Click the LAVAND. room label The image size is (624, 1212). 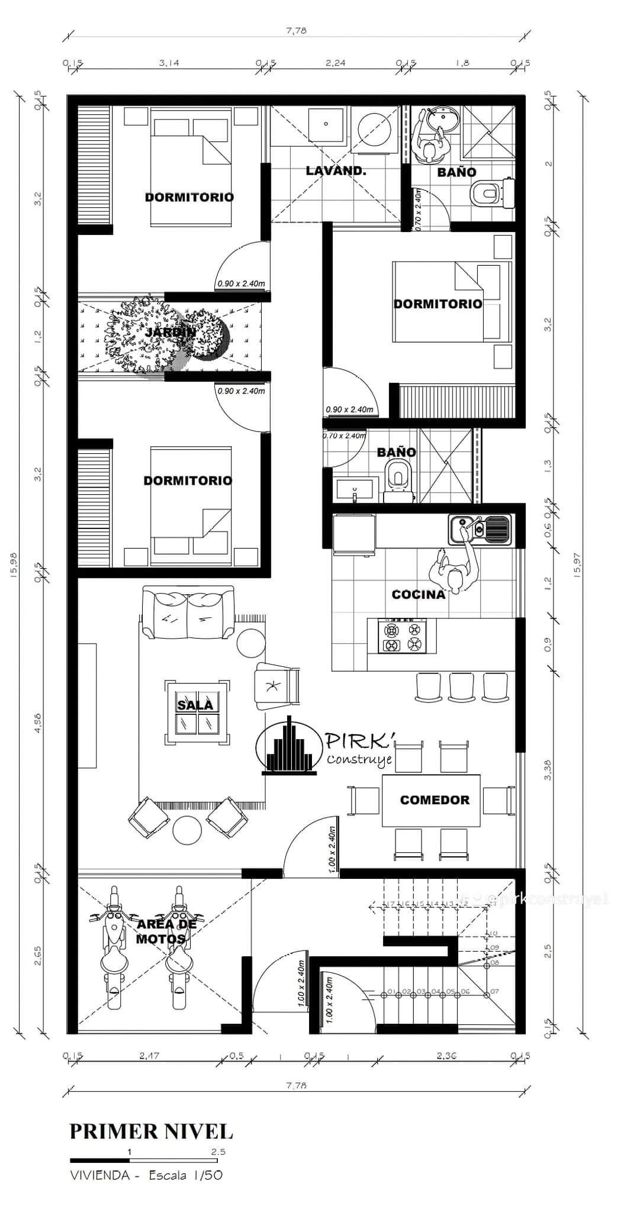[336, 171]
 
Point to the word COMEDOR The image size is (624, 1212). [435, 800]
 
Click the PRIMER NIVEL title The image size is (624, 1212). [152, 1131]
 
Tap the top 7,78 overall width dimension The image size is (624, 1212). [295, 32]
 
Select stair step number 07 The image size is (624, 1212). [494, 991]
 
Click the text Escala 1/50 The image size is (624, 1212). [185, 1175]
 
